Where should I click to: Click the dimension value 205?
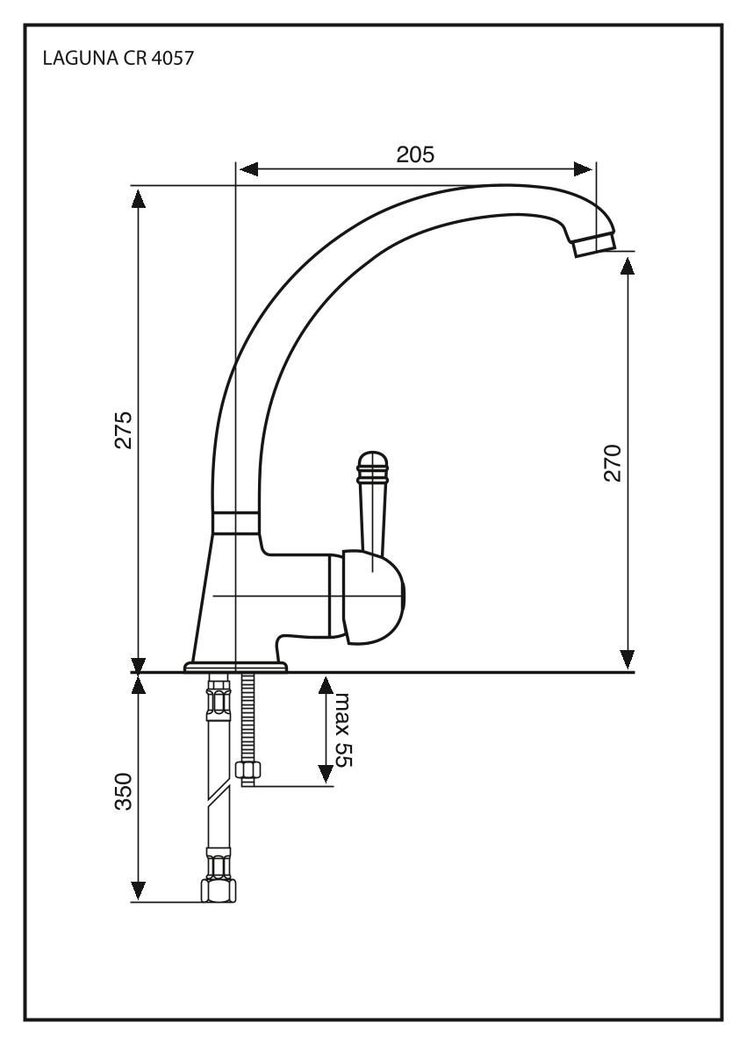click(x=415, y=154)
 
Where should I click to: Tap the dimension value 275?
click(x=124, y=429)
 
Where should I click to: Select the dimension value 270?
click(x=613, y=462)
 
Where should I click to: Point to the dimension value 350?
click(x=124, y=792)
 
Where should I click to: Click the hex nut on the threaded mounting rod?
click(x=247, y=771)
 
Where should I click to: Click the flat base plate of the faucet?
click(x=235, y=668)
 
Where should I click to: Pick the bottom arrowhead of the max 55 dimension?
click(x=326, y=774)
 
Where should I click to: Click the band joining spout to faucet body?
click(x=236, y=522)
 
